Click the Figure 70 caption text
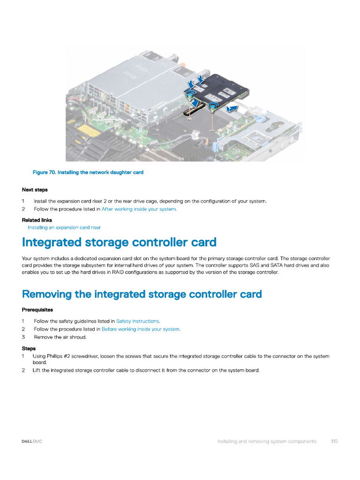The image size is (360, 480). (88, 172)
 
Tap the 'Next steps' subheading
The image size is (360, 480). (35, 190)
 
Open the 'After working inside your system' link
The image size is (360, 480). (139, 209)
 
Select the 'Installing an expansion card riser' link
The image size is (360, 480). (64, 227)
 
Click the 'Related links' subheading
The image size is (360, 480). (37, 220)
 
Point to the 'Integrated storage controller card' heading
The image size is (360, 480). (119, 243)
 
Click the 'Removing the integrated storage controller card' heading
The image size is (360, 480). (142, 294)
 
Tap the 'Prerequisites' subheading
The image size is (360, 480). (37, 310)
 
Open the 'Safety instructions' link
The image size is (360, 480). (137, 321)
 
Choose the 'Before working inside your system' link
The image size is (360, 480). (141, 329)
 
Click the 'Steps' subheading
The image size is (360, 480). (29, 348)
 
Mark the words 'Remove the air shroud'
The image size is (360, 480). (60, 337)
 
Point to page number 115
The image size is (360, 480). (334, 441)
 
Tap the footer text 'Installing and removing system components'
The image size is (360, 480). (267, 441)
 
